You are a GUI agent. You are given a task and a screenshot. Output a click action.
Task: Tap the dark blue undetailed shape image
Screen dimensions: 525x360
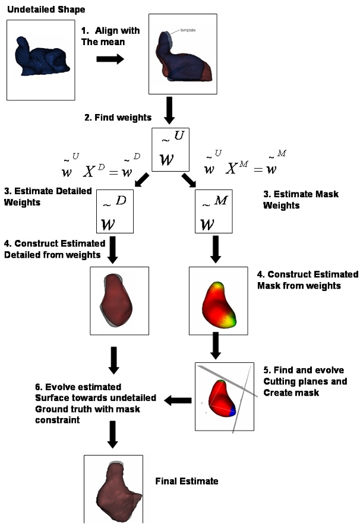[36, 59]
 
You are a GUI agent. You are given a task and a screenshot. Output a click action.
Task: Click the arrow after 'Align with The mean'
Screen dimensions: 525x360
[109, 59]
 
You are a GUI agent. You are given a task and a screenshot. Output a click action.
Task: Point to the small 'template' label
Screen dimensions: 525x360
[188, 30]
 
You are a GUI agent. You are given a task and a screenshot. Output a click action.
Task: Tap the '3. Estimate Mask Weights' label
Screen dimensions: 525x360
[291, 200]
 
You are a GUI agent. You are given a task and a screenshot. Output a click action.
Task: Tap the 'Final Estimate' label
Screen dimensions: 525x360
[187, 481]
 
